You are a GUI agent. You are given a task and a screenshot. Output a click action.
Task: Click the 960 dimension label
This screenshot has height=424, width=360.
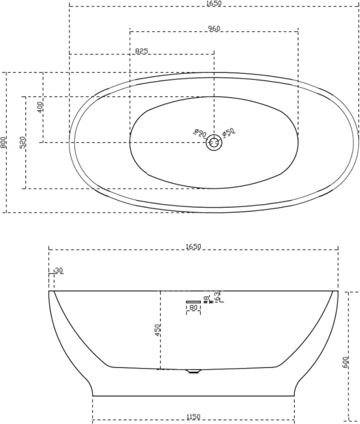tap(214, 28)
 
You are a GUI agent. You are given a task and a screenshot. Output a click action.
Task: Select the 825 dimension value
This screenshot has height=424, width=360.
tap(141, 51)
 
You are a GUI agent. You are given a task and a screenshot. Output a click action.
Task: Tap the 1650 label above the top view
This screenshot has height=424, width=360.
tap(214, 3)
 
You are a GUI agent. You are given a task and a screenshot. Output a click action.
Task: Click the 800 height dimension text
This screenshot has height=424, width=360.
tap(4, 142)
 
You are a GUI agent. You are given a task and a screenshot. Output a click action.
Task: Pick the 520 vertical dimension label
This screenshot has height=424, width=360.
tap(23, 143)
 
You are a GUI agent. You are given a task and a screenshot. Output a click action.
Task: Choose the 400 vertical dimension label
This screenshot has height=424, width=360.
tap(41, 106)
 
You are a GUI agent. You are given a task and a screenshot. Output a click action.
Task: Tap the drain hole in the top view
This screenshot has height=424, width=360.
tap(214, 143)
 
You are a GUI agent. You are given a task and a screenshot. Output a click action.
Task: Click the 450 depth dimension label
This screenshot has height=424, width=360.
tap(157, 330)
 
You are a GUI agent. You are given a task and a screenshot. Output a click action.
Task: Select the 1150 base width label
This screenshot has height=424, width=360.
tap(193, 417)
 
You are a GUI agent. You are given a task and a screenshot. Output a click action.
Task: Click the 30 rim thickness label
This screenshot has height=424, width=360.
tap(59, 270)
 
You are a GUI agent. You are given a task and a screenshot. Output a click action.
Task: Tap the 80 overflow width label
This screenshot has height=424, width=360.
tap(193, 307)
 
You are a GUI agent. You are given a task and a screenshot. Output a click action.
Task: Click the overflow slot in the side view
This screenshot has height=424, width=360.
tap(193, 301)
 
